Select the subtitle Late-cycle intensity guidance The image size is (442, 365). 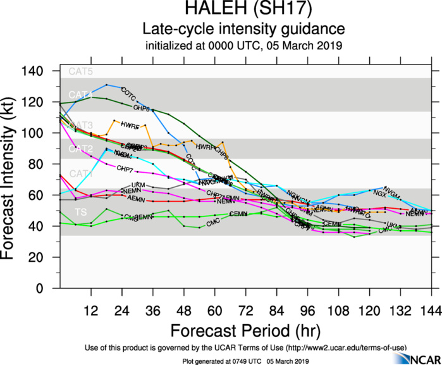click(x=243, y=29)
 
